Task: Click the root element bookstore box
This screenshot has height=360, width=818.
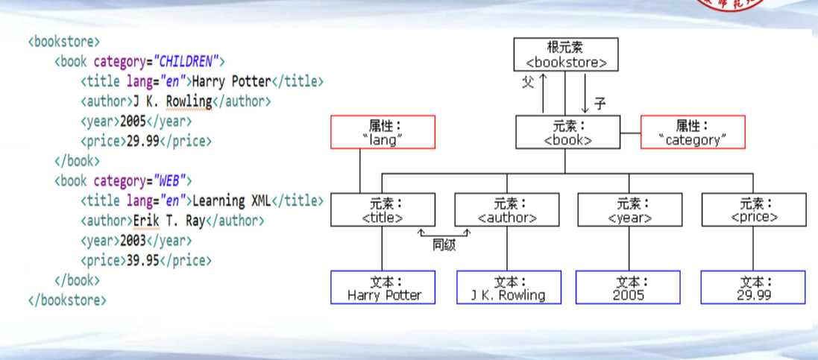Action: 566,54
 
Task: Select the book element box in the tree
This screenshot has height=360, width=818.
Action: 568,132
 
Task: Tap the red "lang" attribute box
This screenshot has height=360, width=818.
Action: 383,132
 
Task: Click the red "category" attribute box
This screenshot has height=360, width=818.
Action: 693,132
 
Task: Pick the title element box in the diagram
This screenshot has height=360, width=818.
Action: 383,209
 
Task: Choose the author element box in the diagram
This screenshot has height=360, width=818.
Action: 506,209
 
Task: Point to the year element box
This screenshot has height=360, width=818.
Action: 630,209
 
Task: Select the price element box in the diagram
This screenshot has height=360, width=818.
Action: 754,209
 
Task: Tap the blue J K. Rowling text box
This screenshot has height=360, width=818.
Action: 508,288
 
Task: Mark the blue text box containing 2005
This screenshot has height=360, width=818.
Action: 628,288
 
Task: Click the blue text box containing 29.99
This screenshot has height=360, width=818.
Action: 753,288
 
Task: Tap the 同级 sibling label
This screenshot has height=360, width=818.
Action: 445,243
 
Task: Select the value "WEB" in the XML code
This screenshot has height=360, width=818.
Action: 172,181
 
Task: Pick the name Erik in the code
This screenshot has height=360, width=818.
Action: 146,221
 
